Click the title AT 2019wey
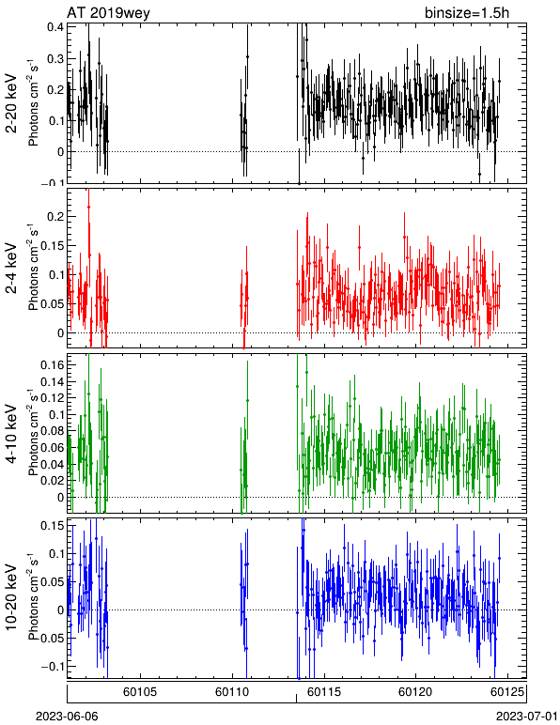tap(109, 12)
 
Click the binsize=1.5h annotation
tap(467, 12)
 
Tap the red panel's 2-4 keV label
tap(11, 269)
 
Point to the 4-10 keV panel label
tap(11, 434)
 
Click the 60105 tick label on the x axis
tap(140, 692)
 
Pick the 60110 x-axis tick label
tap(232, 692)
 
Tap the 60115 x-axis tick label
tap(324, 692)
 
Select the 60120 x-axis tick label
tap(415, 692)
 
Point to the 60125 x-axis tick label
tap(507, 692)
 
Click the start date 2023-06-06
tap(67, 717)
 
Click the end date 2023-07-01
tap(527, 717)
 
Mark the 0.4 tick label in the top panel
tap(55, 27)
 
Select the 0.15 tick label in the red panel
tap(53, 245)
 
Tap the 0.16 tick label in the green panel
tap(53, 365)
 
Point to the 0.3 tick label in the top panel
tap(55, 59)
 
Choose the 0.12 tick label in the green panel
tap(53, 398)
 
